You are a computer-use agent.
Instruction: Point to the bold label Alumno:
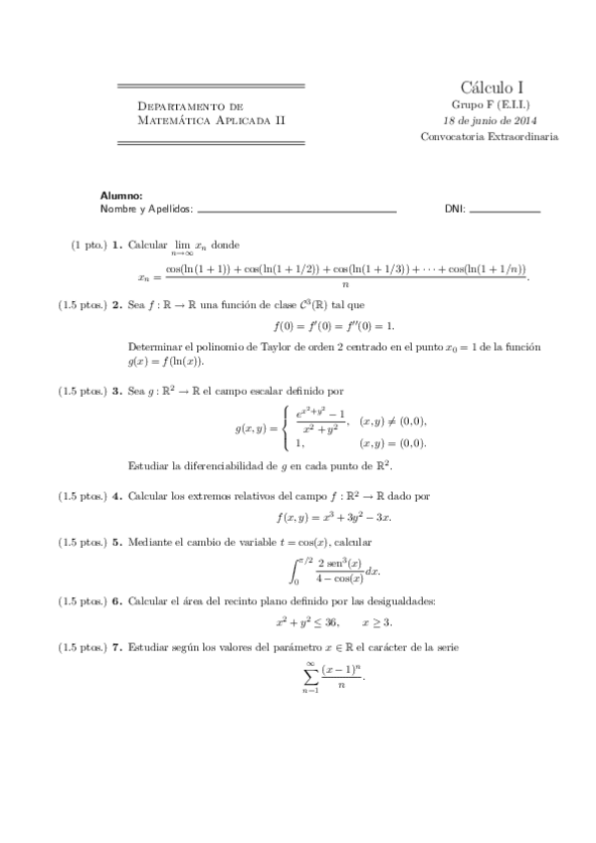coord(122,196)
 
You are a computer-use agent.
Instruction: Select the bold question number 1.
coord(117,244)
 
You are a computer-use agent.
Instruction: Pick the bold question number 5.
coord(117,543)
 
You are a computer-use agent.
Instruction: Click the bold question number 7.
coord(117,648)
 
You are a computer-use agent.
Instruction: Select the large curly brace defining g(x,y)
coord(287,428)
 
